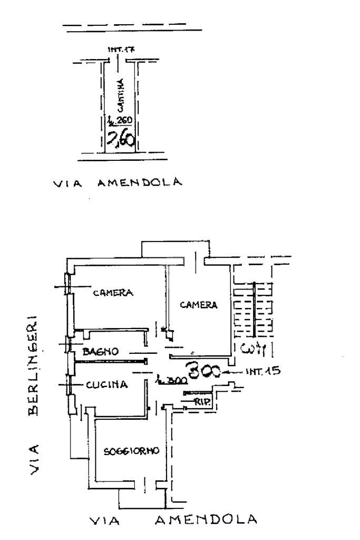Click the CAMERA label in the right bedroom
(198, 304)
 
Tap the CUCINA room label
(106, 384)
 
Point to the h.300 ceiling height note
(168, 380)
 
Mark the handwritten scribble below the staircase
(252, 348)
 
